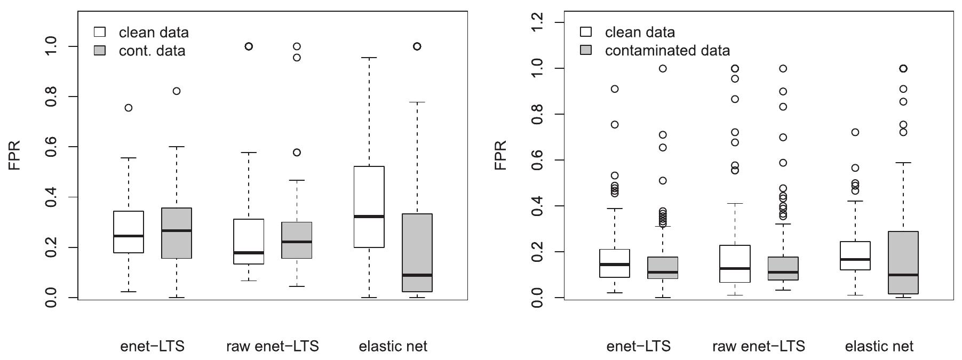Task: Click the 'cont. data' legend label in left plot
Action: tap(152, 51)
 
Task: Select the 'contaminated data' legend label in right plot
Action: tap(667, 51)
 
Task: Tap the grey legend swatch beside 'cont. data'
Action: tap(100, 51)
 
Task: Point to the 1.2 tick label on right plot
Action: tap(538, 22)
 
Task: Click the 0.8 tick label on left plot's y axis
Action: tap(52, 97)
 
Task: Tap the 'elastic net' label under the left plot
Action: tap(393, 346)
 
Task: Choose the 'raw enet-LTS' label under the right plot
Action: tap(758, 346)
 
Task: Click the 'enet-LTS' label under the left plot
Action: tap(152, 346)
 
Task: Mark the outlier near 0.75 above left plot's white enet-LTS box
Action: tap(129, 108)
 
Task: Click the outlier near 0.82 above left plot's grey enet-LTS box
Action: tap(177, 91)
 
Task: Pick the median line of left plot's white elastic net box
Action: tap(369, 217)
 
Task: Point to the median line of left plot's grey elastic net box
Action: tap(417, 275)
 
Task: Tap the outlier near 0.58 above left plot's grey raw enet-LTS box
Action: tap(297, 153)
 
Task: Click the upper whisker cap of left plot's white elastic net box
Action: tap(369, 58)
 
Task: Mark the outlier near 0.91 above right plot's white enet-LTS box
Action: tap(615, 89)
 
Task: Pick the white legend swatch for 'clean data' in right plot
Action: tap(586, 32)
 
